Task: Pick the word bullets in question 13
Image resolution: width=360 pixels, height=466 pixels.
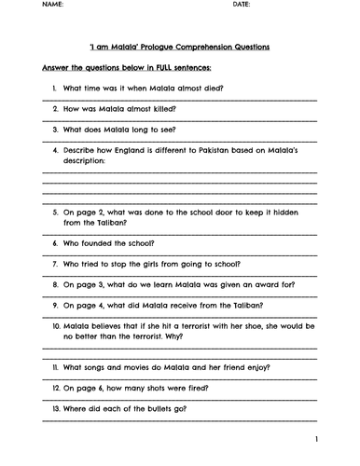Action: point(150,410)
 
